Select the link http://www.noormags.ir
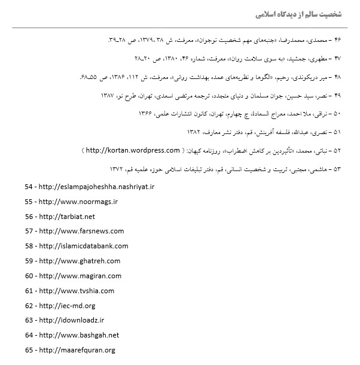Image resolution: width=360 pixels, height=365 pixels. click(78, 202)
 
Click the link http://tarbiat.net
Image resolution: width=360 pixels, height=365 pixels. click(66, 216)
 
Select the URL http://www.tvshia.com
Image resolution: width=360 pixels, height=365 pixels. click(77, 291)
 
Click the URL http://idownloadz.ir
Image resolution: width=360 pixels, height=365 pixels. click(71, 320)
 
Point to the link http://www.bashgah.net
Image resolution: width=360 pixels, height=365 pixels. click(78, 335)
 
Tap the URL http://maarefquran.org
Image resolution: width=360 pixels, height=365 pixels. click(76, 350)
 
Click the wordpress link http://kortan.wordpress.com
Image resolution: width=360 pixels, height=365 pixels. click(133, 150)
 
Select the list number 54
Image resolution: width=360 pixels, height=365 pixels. click(29, 187)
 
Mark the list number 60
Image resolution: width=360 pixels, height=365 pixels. click(29, 276)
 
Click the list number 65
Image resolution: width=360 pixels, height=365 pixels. click(29, 350)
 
